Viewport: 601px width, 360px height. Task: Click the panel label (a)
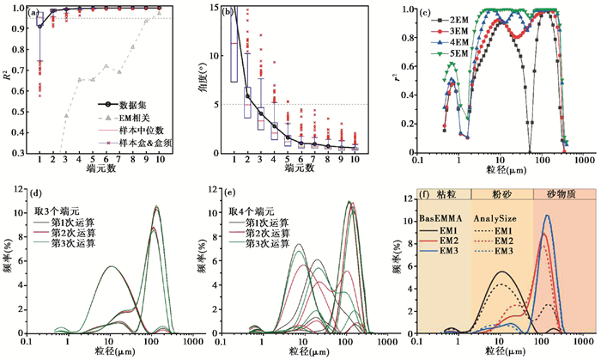point(34,13)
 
